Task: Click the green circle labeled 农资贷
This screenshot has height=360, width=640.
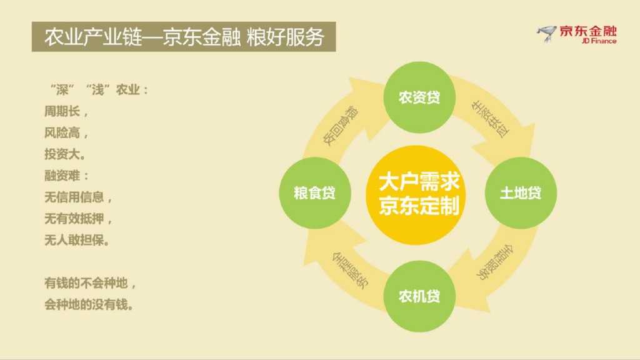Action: click(x=419, y=97)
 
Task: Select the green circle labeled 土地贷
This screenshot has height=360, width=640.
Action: click(x=521, y=193)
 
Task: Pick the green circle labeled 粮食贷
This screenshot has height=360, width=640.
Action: click(x=314, y=193)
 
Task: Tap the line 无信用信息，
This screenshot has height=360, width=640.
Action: click(x=78, y=197)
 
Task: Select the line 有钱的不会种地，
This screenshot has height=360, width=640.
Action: click(x=90, y=283)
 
